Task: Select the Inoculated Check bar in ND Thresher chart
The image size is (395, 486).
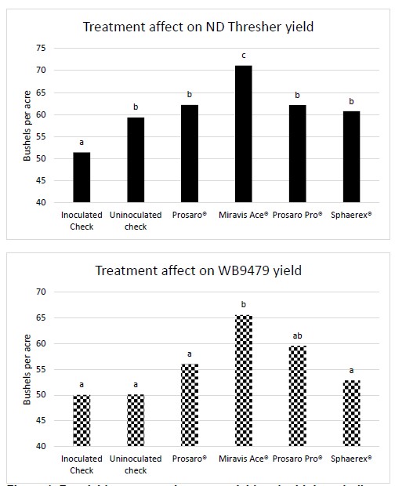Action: [82, 177]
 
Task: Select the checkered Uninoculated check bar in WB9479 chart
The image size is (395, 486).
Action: [135, 420]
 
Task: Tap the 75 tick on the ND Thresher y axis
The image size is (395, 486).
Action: [39, 48]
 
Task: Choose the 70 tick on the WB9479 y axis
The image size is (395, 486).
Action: [39, 292]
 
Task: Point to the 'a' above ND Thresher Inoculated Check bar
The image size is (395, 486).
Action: [82, 141]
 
